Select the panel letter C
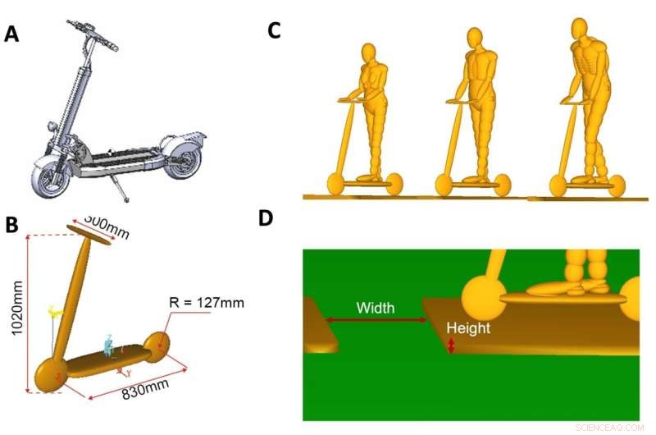tap(275, 31)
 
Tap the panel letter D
tap(266, 217)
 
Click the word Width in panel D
tap(375, 308)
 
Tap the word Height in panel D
tap(467, 328)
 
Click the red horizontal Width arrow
tap(375, 320)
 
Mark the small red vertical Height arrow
tap(451, 347)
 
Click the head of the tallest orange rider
tap(580, 30)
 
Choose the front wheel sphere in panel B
tap(47, 376)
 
